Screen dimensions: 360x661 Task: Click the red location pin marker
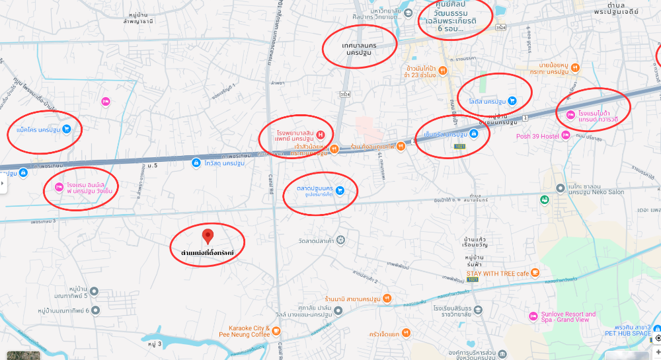click(x=208, y=236)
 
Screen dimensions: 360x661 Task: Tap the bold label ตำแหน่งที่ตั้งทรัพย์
click(x=208, y=253)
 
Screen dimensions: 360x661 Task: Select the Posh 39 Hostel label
click(x=536, y=137)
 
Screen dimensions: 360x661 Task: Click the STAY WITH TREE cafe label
click(x=498, y=273)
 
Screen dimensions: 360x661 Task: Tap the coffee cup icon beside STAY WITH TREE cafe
click(x=535, y=273)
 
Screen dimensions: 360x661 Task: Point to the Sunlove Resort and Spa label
click(x=564, y=317)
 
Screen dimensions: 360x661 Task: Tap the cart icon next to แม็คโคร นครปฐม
click(x=67, y=129)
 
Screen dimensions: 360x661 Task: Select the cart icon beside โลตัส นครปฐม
click(x=512, y=101)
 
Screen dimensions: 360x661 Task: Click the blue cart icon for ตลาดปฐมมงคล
click(x=340, y=190)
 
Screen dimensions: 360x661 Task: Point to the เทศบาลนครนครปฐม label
click(x=359, y=48)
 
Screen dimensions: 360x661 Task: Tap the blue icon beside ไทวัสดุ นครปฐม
click(x=196, y=162)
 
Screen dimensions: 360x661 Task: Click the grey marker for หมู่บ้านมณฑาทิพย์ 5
click(x=94, y=291)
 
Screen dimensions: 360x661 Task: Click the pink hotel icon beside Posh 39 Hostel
click(x=565, y=137)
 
